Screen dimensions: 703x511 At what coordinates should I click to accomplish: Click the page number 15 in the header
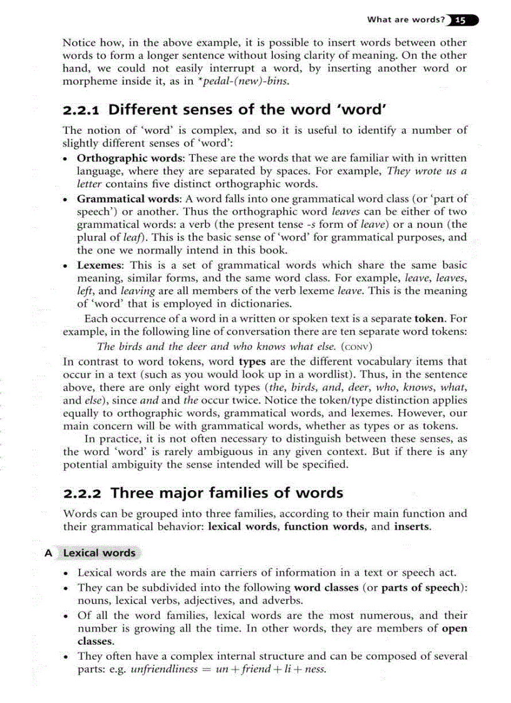460,20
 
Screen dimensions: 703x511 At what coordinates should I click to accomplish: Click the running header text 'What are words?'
406,20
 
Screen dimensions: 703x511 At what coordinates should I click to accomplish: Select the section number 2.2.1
83,110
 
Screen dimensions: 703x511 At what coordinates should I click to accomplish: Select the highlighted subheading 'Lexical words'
100,553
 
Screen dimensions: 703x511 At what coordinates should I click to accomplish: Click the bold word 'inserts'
412,526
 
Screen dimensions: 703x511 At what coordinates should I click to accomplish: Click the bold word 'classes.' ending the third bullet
95,642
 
